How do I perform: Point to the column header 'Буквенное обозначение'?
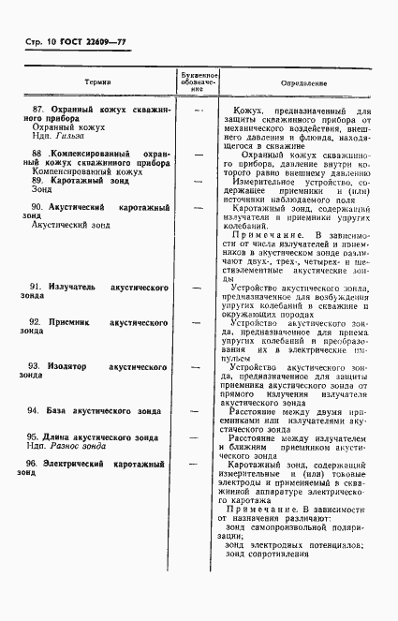click(x=198, y=82)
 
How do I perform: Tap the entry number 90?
click(x=35, y=206)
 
